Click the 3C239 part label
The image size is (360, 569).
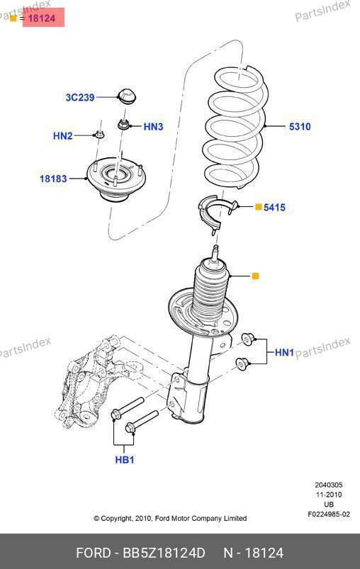(x=80, y=97)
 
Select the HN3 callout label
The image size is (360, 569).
(x=154, y=127)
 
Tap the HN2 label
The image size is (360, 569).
(x=63, y=136)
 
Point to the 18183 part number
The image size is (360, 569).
(x=53, y=179)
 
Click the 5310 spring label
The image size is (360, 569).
(x=300, y=127)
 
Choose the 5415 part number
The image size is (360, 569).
(x=274, y=208)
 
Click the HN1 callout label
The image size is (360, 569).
(x=284, y=352)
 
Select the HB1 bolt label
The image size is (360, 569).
(x=125, y=460)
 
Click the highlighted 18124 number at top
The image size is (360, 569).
(x=42, y=18)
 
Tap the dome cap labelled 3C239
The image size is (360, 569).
(x=127, y=96)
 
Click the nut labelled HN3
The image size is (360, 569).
(x=124, y=124)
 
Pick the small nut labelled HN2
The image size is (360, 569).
(x=99, y=135)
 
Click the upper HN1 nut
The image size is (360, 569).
(x=249, y=339)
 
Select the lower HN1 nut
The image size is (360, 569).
(x=242, y=364)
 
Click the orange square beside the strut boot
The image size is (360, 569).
(x=256, y=276)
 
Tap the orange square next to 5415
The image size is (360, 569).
(x=259, y=207)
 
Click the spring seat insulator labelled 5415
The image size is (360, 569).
(x=216, y=214)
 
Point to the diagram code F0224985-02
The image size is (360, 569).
(x=329, y=514)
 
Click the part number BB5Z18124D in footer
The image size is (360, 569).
(x=164, y=553)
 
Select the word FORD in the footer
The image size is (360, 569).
(x=94, y=553)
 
